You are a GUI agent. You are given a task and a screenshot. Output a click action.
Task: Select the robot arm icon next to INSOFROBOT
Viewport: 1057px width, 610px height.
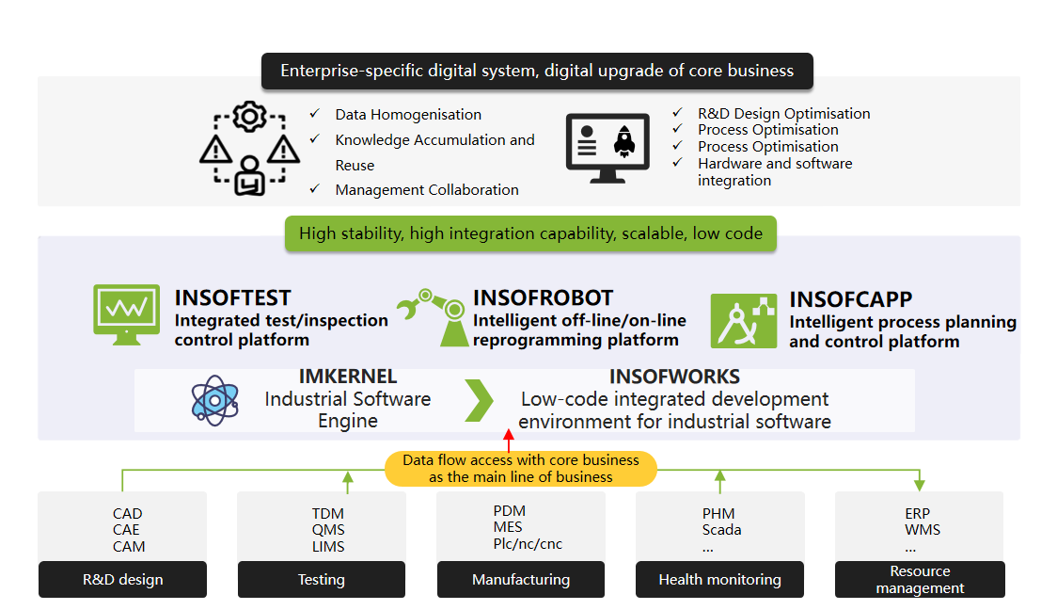pyautogui.click(x=432, y=315)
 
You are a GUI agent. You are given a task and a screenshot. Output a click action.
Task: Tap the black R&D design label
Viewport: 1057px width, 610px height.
pyautogui.click(x=122, y=580)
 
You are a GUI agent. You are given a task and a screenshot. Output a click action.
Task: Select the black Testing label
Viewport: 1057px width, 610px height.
pyautogui.click(x=321, y=580)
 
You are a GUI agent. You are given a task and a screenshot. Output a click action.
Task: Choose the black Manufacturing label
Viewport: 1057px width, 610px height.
pyautogui.click(x=521, y=580)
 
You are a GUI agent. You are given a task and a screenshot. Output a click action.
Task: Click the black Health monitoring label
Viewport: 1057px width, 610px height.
pyautogui.click(x=719, y=580)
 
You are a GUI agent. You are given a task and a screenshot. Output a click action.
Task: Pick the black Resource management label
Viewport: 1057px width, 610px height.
pyautogui.click(x=920, y=580)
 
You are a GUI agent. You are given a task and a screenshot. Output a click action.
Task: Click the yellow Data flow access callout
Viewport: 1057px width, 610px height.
pyautogui.click(x=520, y=468)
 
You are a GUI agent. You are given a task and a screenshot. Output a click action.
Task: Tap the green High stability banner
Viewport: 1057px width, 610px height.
pyautogui.click(x=530, y=233)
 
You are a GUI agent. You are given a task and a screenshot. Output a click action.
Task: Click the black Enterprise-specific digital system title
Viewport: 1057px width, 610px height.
pyautogui.click(x=537, y=71)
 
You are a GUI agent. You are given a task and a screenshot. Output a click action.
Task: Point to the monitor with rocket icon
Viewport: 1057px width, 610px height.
pyautogui.click(x=607, y=148)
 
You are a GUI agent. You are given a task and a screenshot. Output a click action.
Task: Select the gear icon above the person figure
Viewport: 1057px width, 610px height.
pyautogui.click(x=249, y=118)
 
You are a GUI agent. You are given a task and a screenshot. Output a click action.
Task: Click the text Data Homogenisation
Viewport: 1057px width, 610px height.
pyautogui.click(x=408, y=115)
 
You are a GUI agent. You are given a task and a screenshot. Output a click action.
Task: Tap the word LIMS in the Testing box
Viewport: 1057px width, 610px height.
pyautogui.click(x=328, y=546)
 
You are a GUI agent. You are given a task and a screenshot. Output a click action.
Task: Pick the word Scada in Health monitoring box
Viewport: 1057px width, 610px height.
pyautogui.click(x=721, y=530)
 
